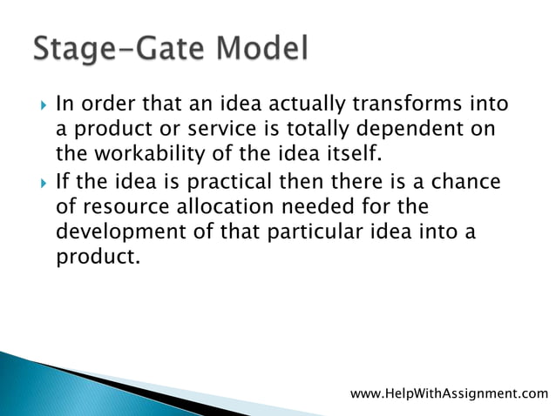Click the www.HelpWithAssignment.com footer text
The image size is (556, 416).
pos(449,394)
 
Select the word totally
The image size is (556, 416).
pos(298,131)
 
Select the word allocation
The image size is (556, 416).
pos(227,208)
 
